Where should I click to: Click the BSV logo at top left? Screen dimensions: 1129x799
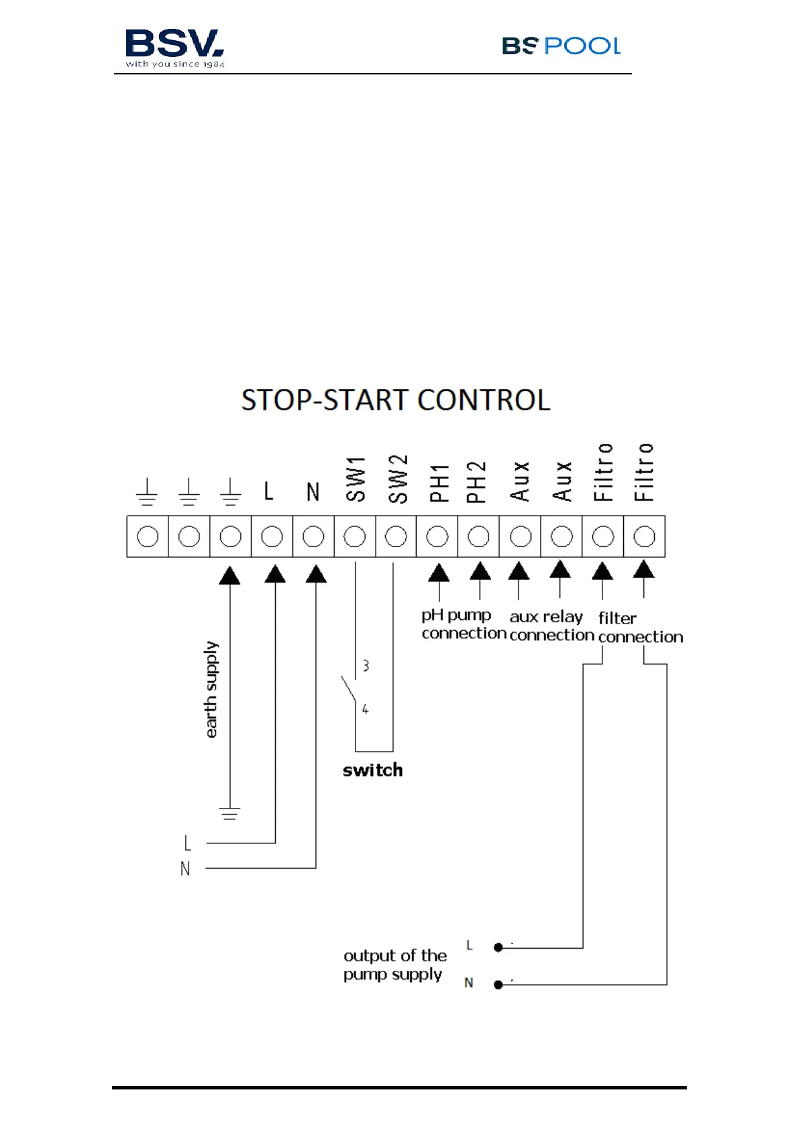point(174,48)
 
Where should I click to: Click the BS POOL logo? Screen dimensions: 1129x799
point(561,46)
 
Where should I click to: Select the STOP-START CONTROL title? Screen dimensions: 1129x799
point(396,400)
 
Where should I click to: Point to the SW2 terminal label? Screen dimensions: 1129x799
point(398,479)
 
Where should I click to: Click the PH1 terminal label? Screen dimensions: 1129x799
point(439,483)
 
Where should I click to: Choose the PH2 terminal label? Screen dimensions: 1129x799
point(476,482)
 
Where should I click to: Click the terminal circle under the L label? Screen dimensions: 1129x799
point(272,536)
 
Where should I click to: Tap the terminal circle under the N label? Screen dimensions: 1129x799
point(313,536)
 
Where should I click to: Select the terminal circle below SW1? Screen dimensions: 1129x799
point(355,536)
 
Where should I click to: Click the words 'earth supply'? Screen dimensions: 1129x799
point(211,689)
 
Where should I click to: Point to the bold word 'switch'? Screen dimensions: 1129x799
point(373,770)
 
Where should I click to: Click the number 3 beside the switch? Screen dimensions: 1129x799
point(366,666)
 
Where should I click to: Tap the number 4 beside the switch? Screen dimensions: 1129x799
point(365,709)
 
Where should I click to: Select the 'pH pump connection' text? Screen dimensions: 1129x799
point(463,624)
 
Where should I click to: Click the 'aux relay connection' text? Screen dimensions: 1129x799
point(551,626)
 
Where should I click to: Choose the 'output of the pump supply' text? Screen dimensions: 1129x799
point(394,965)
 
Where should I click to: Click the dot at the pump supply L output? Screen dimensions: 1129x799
point(498,947)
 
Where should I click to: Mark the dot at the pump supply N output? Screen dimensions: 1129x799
point(498,984)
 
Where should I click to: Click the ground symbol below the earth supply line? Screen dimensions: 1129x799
point(229,814)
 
